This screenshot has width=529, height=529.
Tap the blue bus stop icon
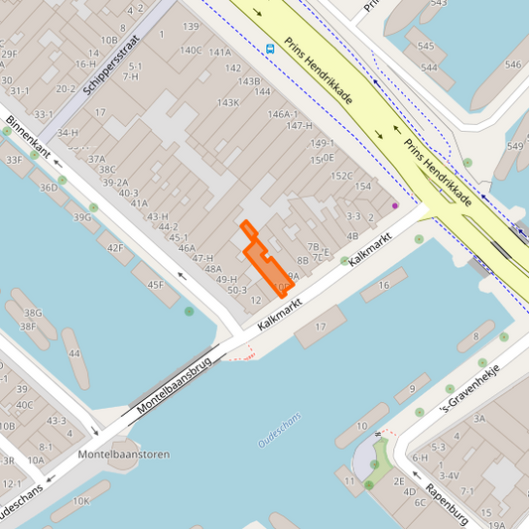270,47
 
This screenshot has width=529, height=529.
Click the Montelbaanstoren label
123,454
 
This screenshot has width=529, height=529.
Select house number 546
513,65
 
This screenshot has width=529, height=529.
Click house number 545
426,46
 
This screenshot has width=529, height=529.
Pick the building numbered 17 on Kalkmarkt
321,327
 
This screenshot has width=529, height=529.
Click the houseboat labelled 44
73,353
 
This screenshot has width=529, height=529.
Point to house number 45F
156,285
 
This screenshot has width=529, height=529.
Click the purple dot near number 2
394,205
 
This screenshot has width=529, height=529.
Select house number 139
191,26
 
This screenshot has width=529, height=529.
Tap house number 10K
80,501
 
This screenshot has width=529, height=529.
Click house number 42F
115,248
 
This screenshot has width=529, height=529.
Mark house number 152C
341,176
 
